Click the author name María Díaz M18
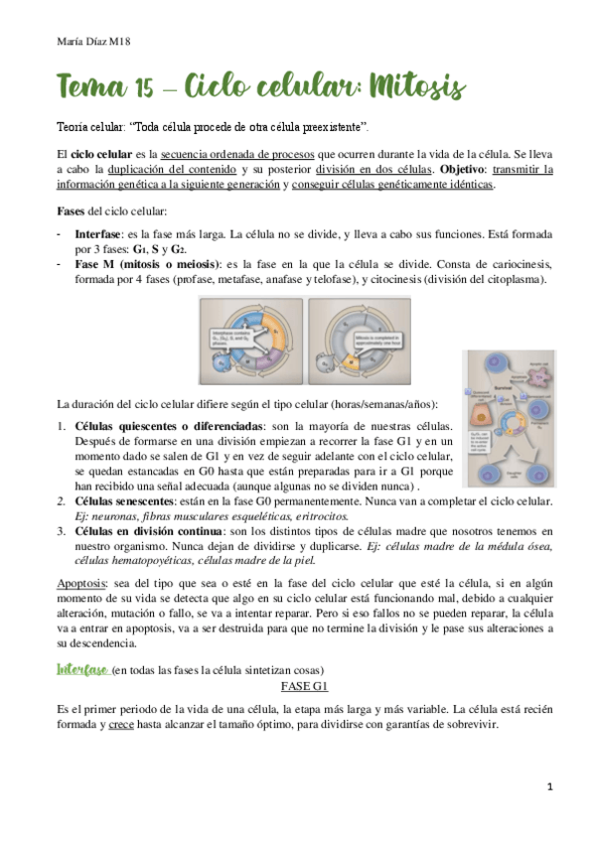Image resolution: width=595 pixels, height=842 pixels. point(82,41)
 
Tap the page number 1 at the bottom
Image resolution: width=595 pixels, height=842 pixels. point(548,786)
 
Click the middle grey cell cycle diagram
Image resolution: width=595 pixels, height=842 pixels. point(356,337)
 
